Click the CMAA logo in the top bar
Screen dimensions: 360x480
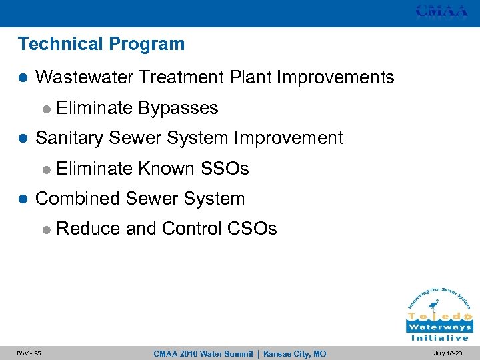[441, 11]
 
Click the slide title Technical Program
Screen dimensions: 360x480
[101, 45]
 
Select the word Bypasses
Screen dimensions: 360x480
[178, 108]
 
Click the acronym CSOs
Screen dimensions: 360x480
[251, 229]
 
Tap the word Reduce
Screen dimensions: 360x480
[88, 229]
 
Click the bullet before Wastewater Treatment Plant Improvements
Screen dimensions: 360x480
[23, 78]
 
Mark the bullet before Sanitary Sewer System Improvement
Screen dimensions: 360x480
[23, 139]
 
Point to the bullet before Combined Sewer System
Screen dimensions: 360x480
[23, 199]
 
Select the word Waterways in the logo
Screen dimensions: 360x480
[439, 327]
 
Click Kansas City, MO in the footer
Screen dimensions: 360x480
[295, 353]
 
